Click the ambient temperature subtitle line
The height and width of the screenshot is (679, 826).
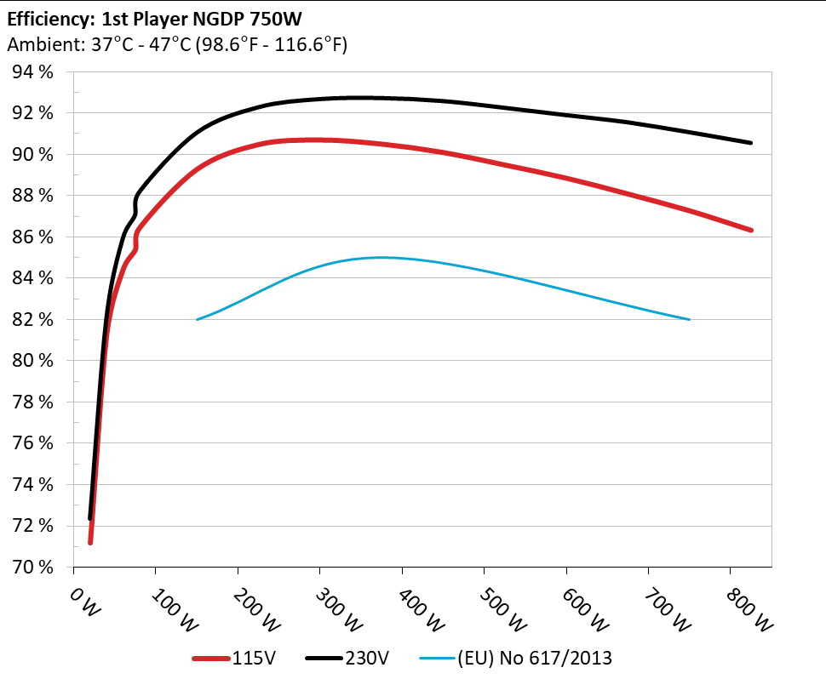(177, 45)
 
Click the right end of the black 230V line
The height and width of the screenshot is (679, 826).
(750, 143)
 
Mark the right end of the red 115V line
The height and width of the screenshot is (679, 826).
(750, 231)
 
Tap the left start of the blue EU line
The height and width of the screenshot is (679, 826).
(198, 319)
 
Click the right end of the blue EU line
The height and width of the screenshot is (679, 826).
(689, 319)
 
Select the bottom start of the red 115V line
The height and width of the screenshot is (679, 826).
(90, 542)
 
